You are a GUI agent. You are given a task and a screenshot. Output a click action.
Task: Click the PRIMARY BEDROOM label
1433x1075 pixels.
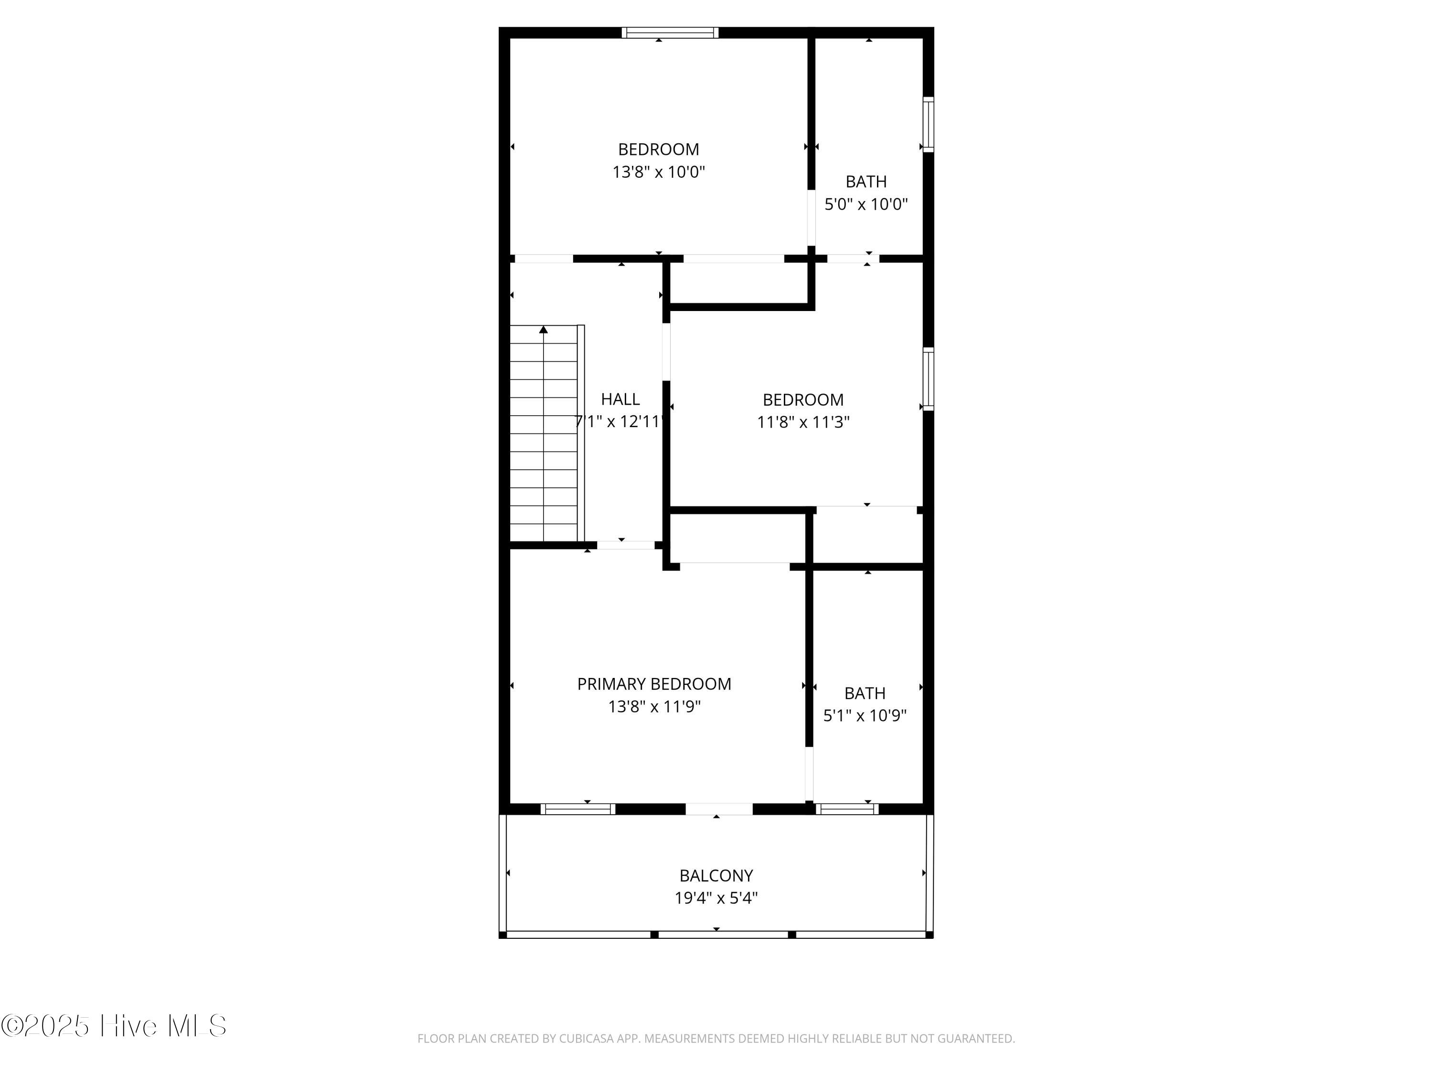point(654,684)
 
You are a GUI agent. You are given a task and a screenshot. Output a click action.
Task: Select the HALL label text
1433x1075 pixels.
point(620,399)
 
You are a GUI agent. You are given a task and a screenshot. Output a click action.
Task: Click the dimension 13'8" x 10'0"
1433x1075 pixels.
point(659,172)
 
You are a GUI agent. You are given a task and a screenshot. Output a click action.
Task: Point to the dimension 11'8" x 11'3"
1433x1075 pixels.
point(803,422)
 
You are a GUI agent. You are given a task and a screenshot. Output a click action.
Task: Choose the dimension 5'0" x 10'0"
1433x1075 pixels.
point(866,204)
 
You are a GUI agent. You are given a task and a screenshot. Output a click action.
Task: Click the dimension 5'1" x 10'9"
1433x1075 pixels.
point(865,715)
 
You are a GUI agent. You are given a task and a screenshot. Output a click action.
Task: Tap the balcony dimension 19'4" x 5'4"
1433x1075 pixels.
point(716,898)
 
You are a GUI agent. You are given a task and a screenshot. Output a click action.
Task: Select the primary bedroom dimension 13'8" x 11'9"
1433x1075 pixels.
point(654,706)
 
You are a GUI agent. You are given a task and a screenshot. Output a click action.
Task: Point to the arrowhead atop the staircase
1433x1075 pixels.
point(544,330)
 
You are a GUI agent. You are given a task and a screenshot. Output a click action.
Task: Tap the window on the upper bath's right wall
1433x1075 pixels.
point(928,124)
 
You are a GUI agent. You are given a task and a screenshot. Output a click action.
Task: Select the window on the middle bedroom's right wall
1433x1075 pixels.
point(928,379)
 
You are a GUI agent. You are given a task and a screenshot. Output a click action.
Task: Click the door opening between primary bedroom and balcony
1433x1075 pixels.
point(719,809)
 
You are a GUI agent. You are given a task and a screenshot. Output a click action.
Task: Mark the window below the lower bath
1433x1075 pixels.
point(847,809)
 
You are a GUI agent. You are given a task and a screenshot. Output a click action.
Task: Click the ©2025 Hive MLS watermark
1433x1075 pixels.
point(114,1026)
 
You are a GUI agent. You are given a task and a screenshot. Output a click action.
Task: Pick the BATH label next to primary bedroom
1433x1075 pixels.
point(865,693)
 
